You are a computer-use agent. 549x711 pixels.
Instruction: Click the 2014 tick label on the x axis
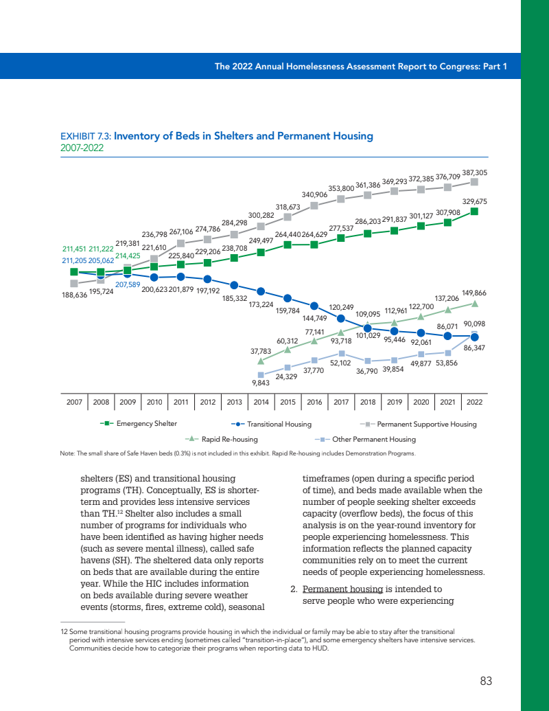click(x=261, y=402)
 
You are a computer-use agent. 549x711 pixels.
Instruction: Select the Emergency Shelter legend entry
click(x=146, y=424)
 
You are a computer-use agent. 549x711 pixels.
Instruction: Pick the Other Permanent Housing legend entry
click(x=373, y=438)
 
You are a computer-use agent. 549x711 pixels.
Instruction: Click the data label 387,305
click(x=475, y=173)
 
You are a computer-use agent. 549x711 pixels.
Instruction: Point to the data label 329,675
click(x=475, y=201)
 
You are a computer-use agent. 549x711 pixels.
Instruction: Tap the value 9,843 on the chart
click(x=259, y=384)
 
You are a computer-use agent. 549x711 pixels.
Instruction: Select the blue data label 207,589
click(x=128, y=284)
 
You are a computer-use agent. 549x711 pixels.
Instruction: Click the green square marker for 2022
click(x=474, y=212)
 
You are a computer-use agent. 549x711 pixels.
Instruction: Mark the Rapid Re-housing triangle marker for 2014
click(x=261, y=360)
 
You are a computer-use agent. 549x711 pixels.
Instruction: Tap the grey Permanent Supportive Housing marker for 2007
click(x=73, y=283)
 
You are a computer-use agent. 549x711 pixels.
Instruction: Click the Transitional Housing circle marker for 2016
click(x=314, y=306)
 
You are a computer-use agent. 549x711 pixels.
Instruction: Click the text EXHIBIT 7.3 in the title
click(x=86, y=136)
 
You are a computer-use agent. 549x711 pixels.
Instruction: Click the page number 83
click(x=486, y=681)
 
